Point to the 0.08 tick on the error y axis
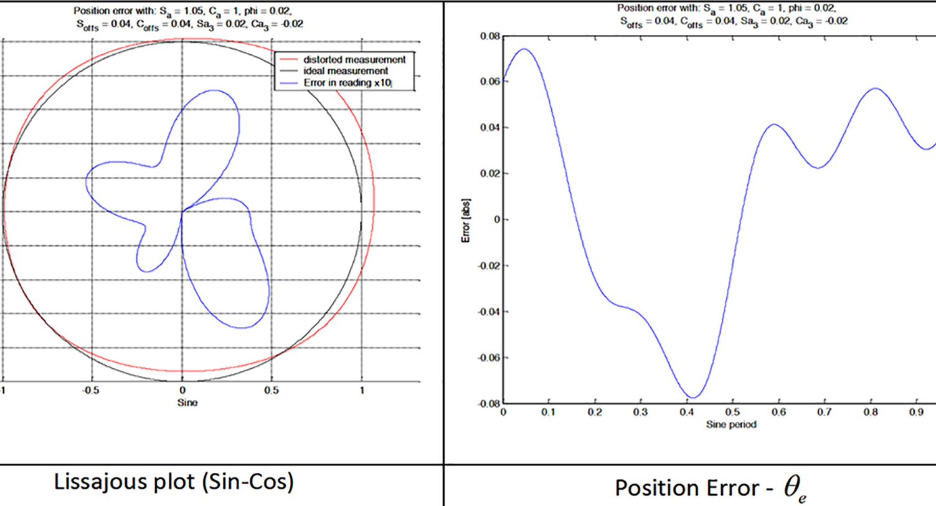(489, 36)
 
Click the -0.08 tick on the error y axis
(488, 404)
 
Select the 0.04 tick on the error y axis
(489, 128)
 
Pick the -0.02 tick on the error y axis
(488, 266)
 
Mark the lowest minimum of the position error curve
(694, 398)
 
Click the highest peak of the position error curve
(524, 49)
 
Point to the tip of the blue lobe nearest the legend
(215, 90)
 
